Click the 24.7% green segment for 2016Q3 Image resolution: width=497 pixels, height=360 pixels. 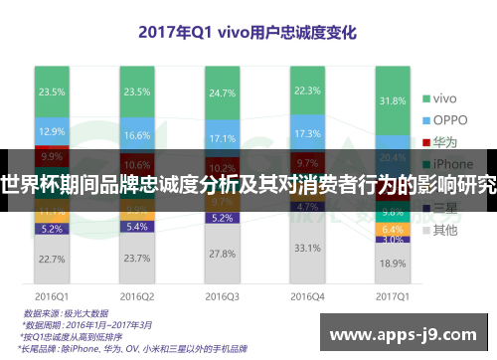point(221,92)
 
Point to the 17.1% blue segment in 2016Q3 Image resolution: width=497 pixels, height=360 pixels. point(221,137)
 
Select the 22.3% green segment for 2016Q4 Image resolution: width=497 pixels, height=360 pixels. point(306,90)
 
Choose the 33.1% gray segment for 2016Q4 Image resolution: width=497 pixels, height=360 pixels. point(306,248)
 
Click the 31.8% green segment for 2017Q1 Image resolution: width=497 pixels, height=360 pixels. point(392,101)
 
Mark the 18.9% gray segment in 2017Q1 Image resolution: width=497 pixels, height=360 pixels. point(392,264)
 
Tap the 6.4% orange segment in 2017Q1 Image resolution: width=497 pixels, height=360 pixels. point(392,229)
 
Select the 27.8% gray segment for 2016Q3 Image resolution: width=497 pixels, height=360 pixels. point(221,254)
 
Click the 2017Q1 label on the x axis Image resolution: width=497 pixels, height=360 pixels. point(392,295)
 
